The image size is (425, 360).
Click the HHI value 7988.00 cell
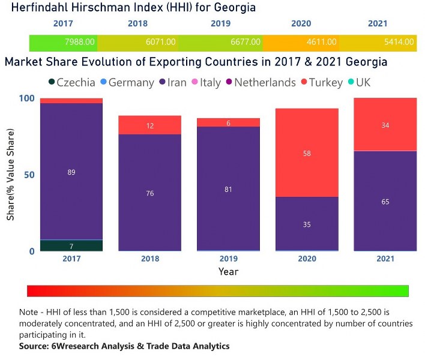tap(63, 43)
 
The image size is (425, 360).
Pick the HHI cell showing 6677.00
tap(220, 43)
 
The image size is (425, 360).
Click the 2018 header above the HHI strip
tap(137, 24)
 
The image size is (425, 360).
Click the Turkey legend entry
tap(325, 82)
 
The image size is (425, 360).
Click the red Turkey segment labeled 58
tap(307, 153)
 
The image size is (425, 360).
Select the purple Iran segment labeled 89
tap(71, 172)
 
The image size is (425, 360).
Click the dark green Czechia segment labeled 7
tap(71, 245)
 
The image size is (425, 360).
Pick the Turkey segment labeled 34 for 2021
tap(385, 125)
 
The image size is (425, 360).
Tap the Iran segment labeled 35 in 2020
tap(307, 224)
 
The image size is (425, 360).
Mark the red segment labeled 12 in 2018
tap(149, 125)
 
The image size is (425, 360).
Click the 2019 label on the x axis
tap(228, 259)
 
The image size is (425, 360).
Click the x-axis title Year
tap(228, 272)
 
